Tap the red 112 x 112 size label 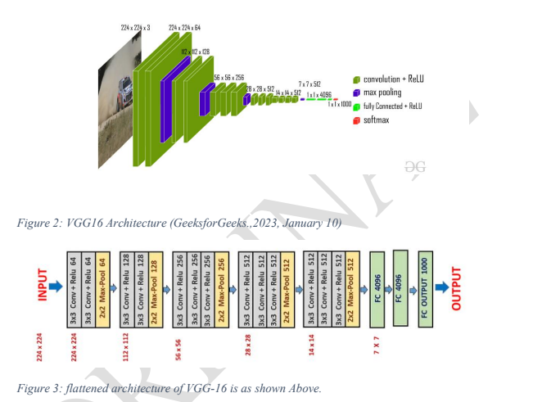click(x=125, y=349)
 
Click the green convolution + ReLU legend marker click(x=357, y=79)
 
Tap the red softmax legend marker click(x=357, y=120)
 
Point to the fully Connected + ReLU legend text click(x=392, y=106)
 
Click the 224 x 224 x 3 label click(x=135, y=28)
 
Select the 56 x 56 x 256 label click(x=229, y=77)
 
